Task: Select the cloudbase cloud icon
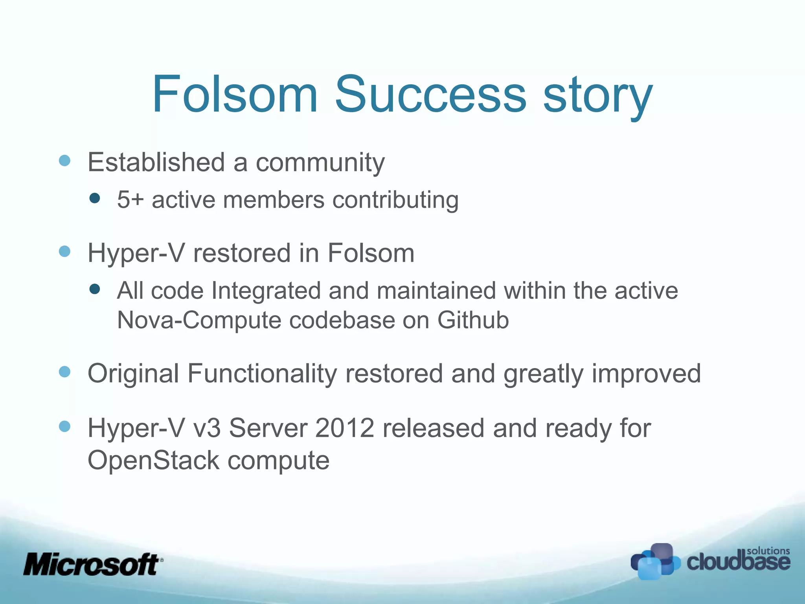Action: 655,562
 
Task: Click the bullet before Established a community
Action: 64,160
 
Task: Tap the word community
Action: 320,162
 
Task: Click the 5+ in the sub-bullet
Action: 130,199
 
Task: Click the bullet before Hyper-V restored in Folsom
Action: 64,251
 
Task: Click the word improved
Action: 646,374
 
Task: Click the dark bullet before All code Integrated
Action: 95,289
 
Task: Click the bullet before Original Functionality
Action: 64,372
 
